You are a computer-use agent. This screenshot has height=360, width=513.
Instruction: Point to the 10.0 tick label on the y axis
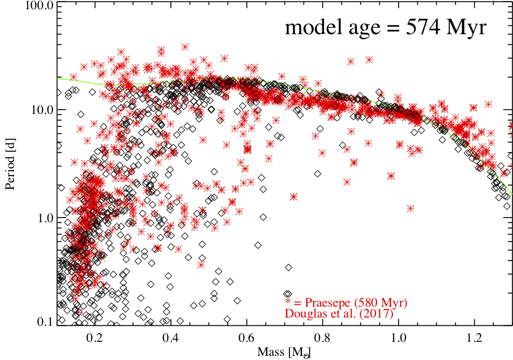click(41, 110)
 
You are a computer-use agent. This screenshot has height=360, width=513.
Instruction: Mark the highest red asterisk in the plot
click(185, 47)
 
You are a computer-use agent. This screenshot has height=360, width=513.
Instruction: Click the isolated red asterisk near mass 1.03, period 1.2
click(411, 208)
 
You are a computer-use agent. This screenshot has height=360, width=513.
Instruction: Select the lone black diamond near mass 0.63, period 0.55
click(257, 245)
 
